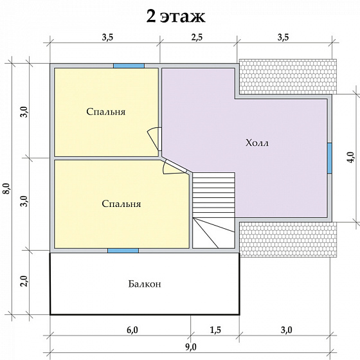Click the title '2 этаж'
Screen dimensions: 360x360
pos(175,17)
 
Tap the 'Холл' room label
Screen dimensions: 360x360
pos(257,143)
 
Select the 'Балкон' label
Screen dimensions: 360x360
pos(145,284)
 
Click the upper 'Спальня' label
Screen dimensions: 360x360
pos(106,112)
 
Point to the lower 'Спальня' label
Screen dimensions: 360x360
pos(122,204)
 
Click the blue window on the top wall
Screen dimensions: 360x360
pos(129,66)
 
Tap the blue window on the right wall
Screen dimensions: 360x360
pos(329,158)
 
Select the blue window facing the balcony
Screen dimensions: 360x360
pos(123,251)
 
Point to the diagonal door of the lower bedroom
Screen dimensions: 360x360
pos(174,166)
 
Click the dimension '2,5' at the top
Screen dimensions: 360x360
pos(197,37)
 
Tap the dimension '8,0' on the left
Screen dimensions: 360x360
pos(7,189)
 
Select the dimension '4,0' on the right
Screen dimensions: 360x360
pos(350,157)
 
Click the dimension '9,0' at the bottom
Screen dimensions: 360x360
pos(190,347)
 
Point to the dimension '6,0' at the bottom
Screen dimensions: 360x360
pos(132,330)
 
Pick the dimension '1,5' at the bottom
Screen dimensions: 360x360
pos(215,330)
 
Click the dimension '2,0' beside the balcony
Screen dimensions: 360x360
pos(24,280)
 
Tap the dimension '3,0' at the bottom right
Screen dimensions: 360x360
pos(286,330)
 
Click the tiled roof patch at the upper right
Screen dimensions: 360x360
pos(288,76)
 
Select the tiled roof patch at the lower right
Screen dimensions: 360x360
pos(288,239)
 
